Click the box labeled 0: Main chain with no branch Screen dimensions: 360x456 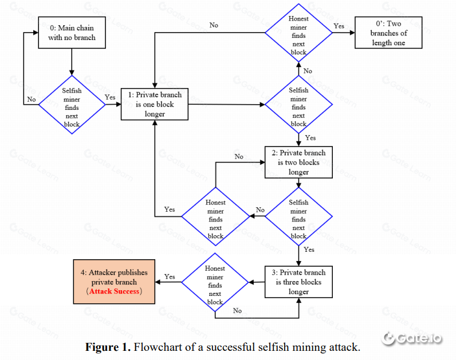(72, 32)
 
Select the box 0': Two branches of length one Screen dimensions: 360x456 (388, 33)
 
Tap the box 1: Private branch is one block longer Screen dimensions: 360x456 (155, 105)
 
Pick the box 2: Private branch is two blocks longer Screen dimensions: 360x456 (298, 162)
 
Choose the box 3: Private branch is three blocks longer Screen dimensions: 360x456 (298, 282)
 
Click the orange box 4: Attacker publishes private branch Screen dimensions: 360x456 (115, 282)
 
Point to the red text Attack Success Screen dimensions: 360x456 (115, 291)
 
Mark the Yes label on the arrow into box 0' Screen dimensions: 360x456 (339, 26)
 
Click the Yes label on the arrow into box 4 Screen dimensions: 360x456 (170, 277)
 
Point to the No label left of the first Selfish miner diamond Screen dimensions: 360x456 (31, 100)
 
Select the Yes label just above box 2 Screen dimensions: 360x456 (310, 138)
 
